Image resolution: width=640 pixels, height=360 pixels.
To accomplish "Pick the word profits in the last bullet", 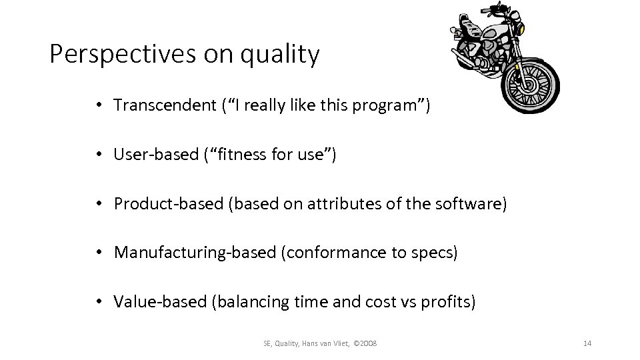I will point(447,303).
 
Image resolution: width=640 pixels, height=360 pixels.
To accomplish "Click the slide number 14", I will point(587,343).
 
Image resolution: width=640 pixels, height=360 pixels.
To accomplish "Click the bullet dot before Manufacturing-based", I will point(98,253).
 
